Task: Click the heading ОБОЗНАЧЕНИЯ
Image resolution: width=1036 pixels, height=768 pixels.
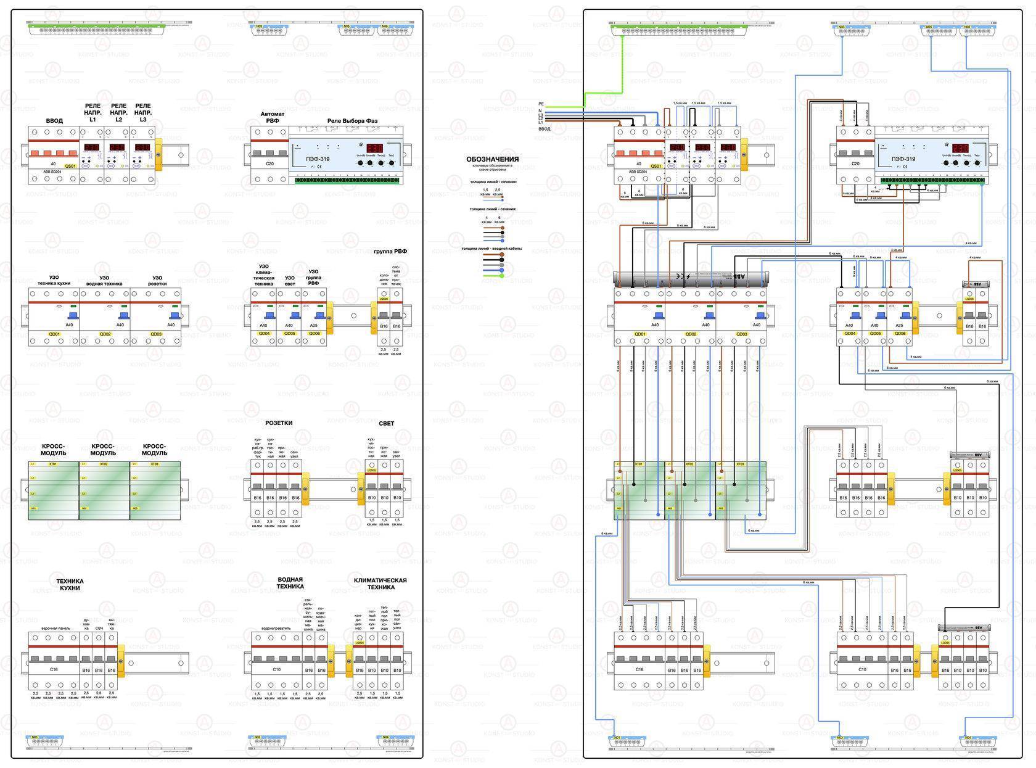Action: click(492, 159)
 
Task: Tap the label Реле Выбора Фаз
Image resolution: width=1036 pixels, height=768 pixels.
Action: click(352, 121)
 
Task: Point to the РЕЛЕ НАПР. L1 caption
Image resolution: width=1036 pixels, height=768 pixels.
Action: click(92, 113)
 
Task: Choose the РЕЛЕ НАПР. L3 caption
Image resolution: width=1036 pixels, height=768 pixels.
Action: click(143, 113)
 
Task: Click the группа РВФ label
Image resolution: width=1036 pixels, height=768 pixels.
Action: click(390, 252)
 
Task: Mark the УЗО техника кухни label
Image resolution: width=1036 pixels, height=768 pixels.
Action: click(54, 281)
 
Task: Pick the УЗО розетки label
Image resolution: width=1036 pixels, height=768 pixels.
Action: click(157, 281)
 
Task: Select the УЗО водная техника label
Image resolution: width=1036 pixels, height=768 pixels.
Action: click(105, 281)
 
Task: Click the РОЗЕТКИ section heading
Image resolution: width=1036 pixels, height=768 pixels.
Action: click(279, 423)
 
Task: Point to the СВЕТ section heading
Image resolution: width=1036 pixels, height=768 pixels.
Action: click(386, 424)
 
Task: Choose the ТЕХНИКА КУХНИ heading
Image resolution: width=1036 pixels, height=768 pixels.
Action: click(70, 584)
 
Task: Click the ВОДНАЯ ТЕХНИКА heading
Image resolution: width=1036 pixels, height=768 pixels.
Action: click(290, 583)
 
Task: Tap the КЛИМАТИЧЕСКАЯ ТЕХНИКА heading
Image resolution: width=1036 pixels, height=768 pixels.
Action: click(380, 584)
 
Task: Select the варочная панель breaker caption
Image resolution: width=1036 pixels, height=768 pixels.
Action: click(55, 629)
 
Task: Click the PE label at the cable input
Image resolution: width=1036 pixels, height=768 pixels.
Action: click(541, 104)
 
